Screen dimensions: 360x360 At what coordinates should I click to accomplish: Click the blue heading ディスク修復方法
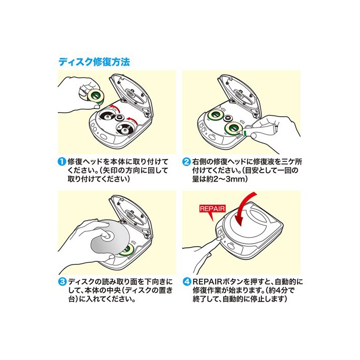(x=94, y=62)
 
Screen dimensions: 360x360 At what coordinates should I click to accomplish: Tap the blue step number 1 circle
(x=62, y=161)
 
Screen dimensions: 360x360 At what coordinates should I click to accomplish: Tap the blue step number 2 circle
(x=187, y=161)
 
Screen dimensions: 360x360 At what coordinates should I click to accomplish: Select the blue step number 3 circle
(x=62, y=282)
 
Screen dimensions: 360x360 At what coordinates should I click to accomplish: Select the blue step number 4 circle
(x=187, y=282)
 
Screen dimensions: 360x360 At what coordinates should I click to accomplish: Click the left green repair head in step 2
(x=217, y=115)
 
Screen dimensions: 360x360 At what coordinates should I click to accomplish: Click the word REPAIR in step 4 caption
(x=207, y=282)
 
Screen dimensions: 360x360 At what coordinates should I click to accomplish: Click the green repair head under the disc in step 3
(x=126, y=249)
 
